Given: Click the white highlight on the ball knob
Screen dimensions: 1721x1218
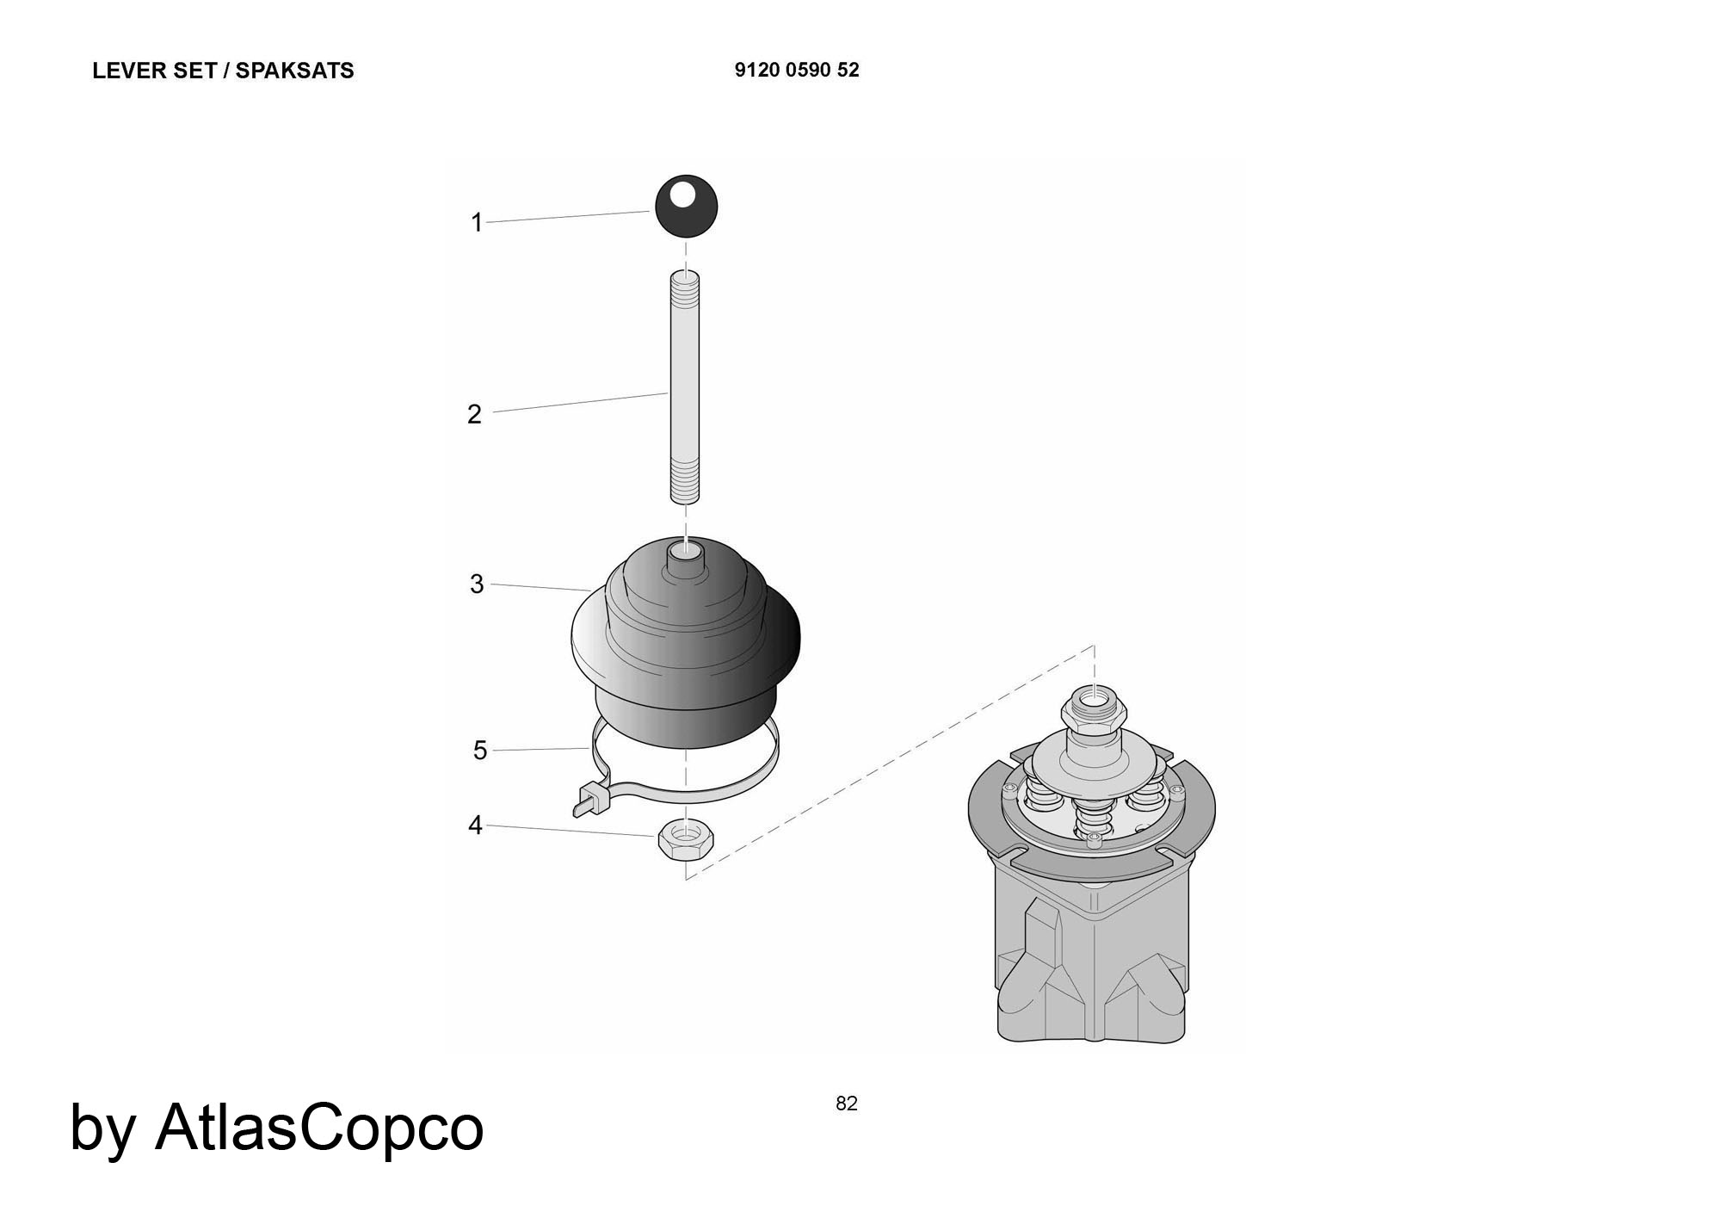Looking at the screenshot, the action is [683, 194].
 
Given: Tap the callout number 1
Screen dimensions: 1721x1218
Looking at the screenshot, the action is [477, 223].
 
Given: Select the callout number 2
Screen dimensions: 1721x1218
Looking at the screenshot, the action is [474, 414].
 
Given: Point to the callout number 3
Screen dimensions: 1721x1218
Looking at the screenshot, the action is [477, 584].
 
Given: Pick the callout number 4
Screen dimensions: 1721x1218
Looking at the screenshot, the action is [475, 825].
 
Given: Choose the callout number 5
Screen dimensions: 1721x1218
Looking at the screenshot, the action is [480, 751].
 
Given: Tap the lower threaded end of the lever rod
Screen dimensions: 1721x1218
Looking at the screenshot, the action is [685, 480].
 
